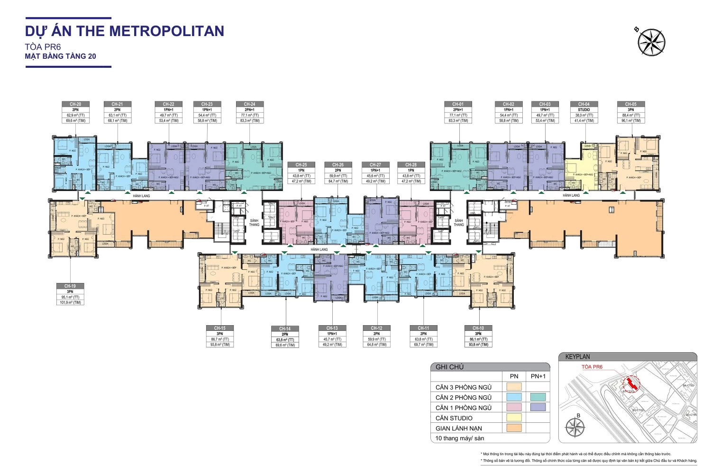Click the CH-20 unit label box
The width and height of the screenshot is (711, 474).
(x=75, y=112)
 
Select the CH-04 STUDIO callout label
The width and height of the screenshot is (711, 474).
(x=583, y=112)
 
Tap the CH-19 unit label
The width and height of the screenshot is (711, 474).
(x=70, y=294)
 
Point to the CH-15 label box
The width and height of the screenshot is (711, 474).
(x=219, y=336)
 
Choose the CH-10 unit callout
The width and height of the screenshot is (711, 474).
(x=478, y=336)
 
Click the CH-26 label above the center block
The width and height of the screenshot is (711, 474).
(x=338, y=173)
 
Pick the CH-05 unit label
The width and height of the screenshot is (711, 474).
(x=630, y=112)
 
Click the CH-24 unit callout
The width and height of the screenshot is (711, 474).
(x=249, y=112)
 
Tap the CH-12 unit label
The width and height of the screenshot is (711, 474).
(x=376, y=336)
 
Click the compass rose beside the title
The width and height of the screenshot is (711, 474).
(x=651, y=42)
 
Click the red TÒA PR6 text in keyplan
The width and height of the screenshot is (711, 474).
(x=592, y=367)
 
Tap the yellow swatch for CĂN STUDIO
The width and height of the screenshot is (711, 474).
(x=514, y=418)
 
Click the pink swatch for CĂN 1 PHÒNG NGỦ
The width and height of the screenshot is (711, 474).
(x=514, y=407)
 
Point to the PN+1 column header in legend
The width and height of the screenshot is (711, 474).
(x=538, y=376)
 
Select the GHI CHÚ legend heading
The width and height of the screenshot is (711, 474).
(x=449, y=367)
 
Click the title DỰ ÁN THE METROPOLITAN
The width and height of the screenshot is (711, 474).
(x=124, y=31)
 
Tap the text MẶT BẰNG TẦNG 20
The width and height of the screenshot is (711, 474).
(x=60, y=56)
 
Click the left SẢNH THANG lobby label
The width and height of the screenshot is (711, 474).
(x=254, y=222)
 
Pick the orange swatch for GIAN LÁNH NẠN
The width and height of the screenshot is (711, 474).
(x=514, y=428)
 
